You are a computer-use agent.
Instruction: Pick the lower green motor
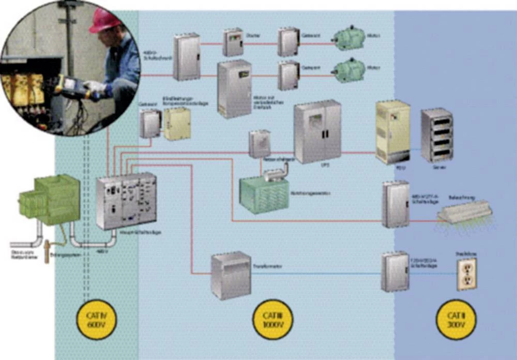click(x=349, y=70)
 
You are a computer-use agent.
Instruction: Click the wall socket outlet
click(x=466, y=274)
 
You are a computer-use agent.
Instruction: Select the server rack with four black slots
click(x=437, y=136)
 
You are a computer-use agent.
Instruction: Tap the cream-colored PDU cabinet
click(x=392, y=132)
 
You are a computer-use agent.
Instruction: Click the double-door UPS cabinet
click(x=317, y=132)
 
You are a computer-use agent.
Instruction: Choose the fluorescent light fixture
click(x=463, y=212)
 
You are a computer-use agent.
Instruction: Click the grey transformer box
click(x=231, y=275)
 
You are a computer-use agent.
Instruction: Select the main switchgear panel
click(x=126, y=201)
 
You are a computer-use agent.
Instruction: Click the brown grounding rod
click(x=47, y=251)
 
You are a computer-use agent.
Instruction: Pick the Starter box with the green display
click(x=233, y=42)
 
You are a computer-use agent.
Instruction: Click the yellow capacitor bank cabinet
click(x=177, y=124)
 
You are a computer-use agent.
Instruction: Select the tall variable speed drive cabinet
click(x=234, y=89)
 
